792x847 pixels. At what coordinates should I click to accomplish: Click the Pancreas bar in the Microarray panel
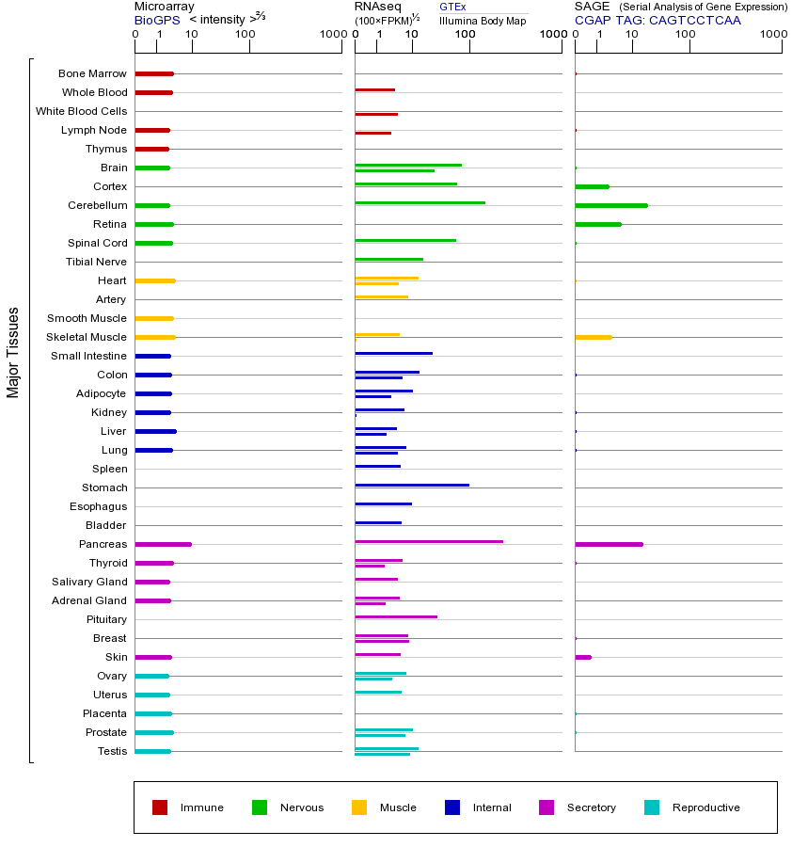click(163, 544)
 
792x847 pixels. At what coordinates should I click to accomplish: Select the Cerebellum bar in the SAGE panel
click(610, 205)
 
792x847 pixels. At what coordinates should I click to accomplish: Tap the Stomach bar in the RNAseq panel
click(411, 485)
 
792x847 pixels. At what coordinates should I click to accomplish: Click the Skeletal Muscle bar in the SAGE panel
click(593, 337)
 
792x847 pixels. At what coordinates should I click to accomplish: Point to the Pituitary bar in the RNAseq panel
click(396, 616)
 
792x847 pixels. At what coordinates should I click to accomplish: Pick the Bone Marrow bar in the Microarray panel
click(154, 73)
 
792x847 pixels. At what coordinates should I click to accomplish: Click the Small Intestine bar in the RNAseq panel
click(393, 353)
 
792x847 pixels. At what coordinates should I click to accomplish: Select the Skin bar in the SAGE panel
click(582, 657)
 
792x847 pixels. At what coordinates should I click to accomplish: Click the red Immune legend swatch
click(160, 807)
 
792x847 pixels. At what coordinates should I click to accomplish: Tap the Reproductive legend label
click(705, 807)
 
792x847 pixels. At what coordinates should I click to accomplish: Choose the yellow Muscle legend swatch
click(359, 807)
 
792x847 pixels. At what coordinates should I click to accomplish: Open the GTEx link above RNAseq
click(452, 7)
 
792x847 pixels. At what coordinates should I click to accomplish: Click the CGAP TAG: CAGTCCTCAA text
click(657, 20)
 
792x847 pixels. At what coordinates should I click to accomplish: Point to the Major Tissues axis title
click(13, 352)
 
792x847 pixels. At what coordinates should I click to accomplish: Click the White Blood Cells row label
click(81, 111)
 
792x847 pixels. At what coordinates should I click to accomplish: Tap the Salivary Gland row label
click(89, 582)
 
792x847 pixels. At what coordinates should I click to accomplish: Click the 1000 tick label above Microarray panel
click(331, 35)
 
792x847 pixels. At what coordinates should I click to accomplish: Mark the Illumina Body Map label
click(483, 20)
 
